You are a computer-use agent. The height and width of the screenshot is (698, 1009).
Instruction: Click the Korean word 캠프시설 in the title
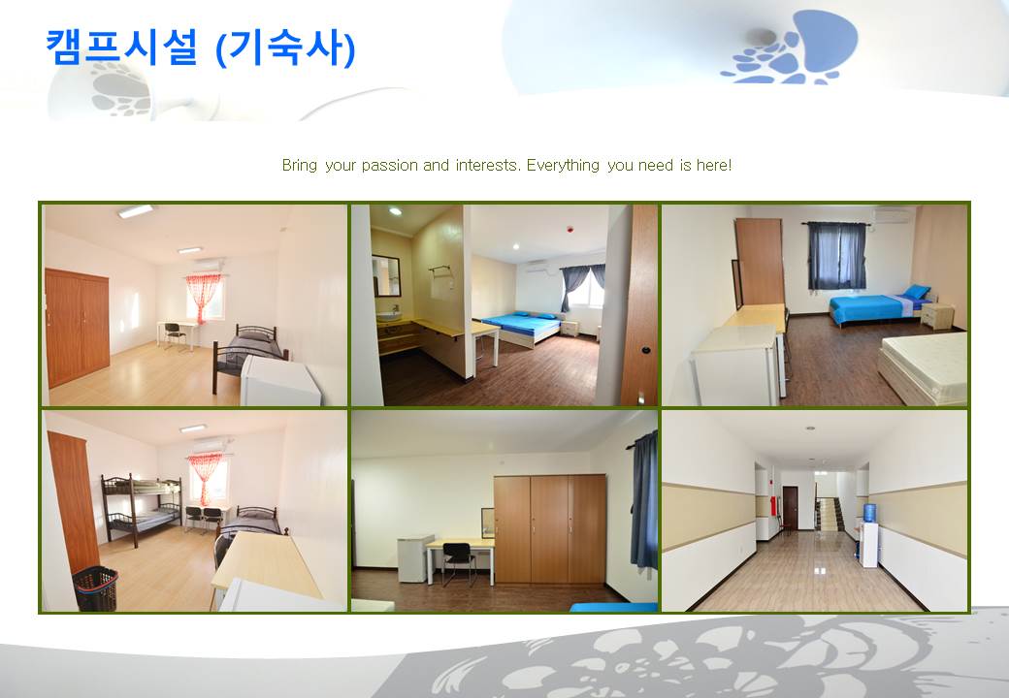point(121,47)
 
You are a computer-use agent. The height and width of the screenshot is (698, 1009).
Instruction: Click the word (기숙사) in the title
point(285,48)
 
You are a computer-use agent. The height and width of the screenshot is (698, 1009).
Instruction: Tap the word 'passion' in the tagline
point(389,166)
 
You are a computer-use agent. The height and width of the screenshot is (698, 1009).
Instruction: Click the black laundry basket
point(95,587)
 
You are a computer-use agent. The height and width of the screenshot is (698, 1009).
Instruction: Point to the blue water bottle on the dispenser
point(869,512)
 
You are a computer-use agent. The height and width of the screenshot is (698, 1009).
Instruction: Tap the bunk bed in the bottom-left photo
point(142,509)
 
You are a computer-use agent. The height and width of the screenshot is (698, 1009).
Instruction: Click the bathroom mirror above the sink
point(386,275)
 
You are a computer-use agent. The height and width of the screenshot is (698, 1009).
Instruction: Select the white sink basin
point(388,316)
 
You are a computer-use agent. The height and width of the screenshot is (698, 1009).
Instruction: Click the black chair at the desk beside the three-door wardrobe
point(458,562)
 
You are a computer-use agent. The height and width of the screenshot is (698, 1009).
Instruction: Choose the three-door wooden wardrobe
point(549,528)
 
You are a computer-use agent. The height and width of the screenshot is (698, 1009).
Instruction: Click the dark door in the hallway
point(790,508)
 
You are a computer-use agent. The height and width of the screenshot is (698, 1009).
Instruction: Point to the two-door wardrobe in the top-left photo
point(78,328)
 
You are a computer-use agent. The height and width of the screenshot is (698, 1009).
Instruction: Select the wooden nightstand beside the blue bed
point(937,316)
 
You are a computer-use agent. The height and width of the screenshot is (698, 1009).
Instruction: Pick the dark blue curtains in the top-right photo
point(837,255)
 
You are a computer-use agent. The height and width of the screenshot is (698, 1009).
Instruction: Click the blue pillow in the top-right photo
point(916,292)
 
